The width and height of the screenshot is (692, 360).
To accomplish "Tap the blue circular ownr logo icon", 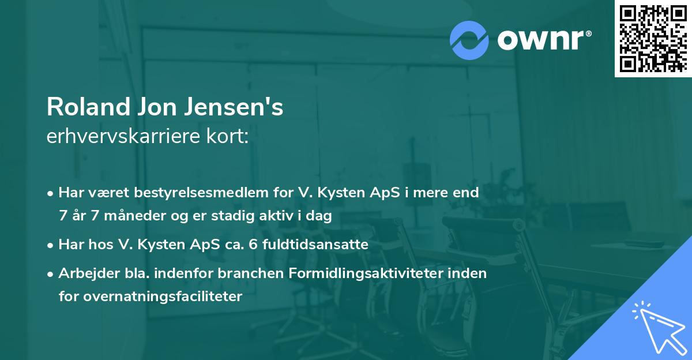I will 469,40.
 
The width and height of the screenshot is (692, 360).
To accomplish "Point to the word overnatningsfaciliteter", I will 150,297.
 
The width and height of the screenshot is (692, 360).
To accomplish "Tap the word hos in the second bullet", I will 98,245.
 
